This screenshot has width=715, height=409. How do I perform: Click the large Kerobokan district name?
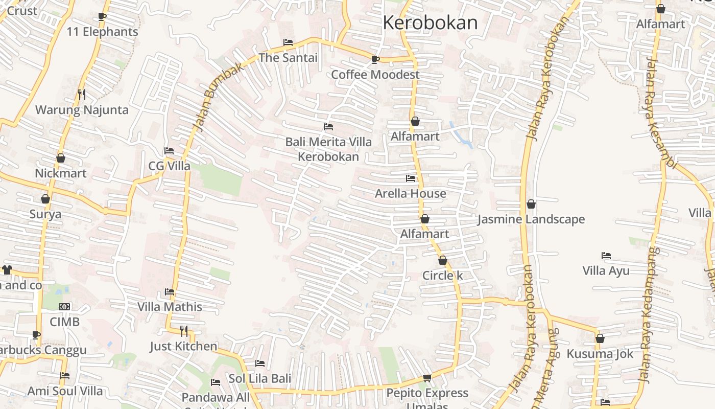(x=430, y=23)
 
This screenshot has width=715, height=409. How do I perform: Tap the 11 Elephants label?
(x=102, y=32)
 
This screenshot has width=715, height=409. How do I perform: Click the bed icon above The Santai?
(x=288, y=42)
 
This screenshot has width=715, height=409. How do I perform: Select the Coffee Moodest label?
(x=375, y=75)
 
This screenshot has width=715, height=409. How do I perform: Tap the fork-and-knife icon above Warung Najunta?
(x=81, y=94)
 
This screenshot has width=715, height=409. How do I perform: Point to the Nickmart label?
(x=60, y=173)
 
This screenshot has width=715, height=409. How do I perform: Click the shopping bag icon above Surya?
(x=45, y=199)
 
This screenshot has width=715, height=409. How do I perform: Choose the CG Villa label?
(x=169, y=166)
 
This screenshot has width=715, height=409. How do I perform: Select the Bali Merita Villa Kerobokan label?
(x=328, y=149)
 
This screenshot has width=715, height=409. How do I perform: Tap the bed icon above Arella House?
(x=411, y=178)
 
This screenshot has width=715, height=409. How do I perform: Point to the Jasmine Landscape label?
(x=531, y=219)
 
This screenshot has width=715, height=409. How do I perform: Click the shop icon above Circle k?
(x=443, y=260)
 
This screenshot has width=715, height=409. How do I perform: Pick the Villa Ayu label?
(x=606, y=271)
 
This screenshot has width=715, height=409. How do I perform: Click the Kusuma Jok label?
(x=600, y=354)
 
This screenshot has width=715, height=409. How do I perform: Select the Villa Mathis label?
(x=170, y=307)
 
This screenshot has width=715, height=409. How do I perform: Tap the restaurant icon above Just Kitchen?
(x=183, y=331)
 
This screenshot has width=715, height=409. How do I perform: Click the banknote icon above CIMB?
(x=64, y=307)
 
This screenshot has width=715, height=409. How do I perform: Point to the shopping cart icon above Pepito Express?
(x=427, y=378)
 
